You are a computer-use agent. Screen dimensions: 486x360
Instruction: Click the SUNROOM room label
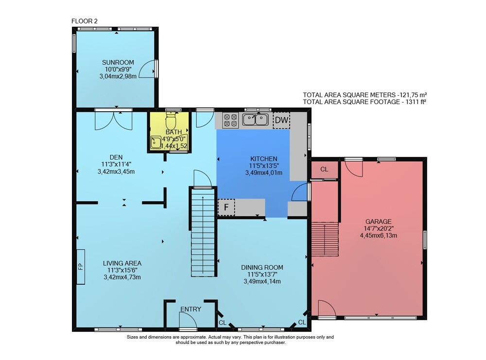[118, 63]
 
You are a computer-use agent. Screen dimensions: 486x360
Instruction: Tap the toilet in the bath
[171, 121]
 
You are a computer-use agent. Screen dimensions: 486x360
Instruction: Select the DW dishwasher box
[281, 120]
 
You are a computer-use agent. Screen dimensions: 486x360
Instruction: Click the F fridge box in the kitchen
[226, 207]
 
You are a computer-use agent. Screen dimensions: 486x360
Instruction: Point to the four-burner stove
[230, 120]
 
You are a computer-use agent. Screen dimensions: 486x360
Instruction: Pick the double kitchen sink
[256, 120]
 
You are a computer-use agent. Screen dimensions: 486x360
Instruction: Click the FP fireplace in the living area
[81, 267]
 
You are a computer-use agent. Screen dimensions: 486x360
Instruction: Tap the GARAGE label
[379, 222]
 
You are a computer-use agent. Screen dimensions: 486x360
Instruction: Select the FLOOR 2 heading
[84, 21]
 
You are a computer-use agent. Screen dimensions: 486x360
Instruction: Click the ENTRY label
[191, 309]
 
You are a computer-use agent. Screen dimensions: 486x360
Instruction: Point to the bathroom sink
[156, 142]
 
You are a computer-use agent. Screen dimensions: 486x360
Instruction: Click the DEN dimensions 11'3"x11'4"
[116, 164]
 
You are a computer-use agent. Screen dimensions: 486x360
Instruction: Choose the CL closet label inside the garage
[324, 170]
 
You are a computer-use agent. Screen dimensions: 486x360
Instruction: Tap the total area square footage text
[364, 102]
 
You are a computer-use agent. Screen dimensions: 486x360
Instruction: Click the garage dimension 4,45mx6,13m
[379, 236]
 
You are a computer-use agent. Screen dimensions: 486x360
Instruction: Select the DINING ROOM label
[262, 267]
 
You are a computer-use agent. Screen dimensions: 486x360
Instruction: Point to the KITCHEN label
[264, 159]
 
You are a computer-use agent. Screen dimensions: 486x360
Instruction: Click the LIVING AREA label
[122, 263]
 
